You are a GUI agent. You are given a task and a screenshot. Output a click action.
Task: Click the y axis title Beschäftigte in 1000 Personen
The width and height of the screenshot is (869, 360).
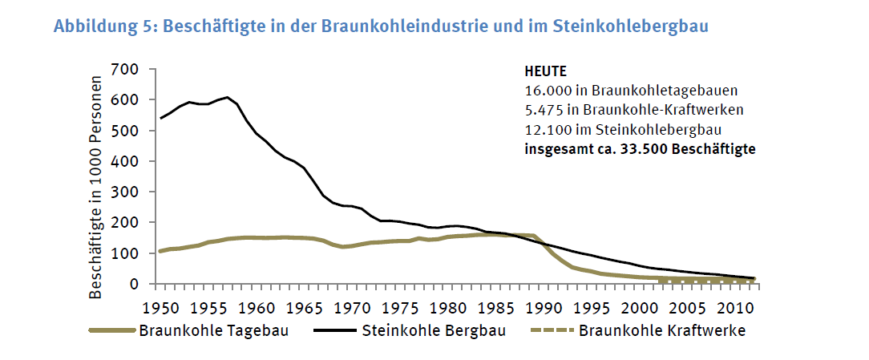click(x=96, y=188)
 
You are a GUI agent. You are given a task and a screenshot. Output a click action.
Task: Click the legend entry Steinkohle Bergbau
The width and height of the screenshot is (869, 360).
click(x=434, y=330)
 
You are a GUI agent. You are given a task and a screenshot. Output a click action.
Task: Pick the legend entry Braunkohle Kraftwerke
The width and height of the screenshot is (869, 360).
click(x=662, y=330)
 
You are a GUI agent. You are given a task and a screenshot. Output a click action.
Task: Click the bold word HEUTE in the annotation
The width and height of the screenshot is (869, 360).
click(x=545, y=71)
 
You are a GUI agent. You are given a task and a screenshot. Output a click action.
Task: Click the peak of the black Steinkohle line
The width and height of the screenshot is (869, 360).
click(x=228, y=98)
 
